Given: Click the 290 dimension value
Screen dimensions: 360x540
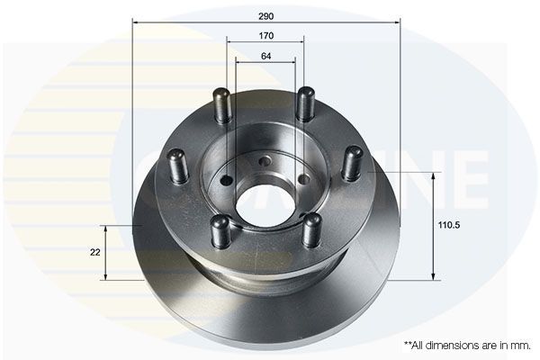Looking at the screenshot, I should click(265, 16).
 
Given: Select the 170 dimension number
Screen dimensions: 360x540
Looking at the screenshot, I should click(265, 36).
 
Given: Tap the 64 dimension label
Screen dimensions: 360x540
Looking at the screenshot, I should click(265, 57).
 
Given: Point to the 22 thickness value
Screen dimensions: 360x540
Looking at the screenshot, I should click(94, 253).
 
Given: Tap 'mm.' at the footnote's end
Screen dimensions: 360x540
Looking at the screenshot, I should click(521, 345).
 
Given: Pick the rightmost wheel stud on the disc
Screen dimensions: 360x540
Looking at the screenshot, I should click(353, 163).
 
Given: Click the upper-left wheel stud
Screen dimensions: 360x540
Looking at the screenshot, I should click(221, 104).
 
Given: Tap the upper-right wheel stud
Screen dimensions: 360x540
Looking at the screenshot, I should click(306, 103).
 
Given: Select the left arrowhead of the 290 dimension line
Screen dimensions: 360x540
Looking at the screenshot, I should click(135, 23).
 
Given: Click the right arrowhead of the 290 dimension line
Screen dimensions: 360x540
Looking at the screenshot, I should click(396, 23).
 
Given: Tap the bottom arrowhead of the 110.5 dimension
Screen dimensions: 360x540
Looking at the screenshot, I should click(436, 274).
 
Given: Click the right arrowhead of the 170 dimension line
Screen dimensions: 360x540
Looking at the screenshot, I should click(302, 43).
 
